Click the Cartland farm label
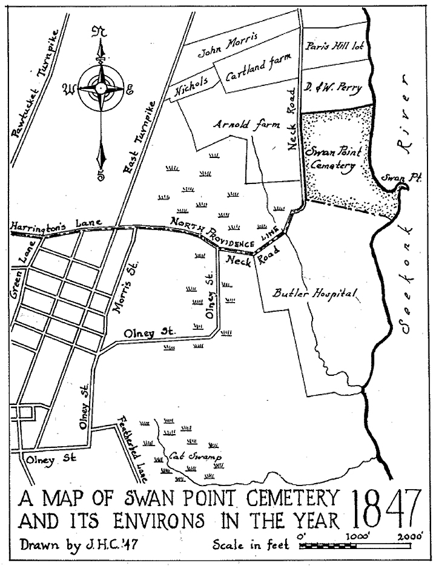(x=259, y=69)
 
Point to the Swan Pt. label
(x=395, y=177)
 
